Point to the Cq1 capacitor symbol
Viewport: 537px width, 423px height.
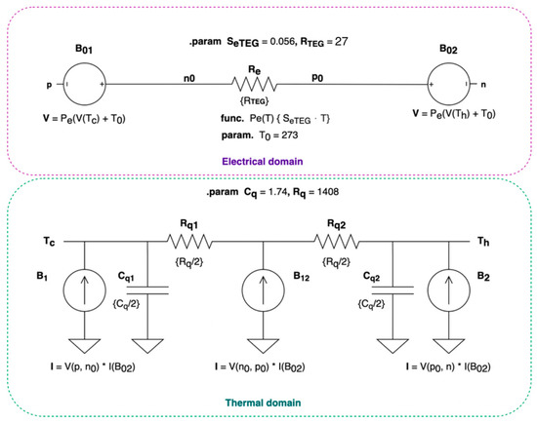coord(147,288)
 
